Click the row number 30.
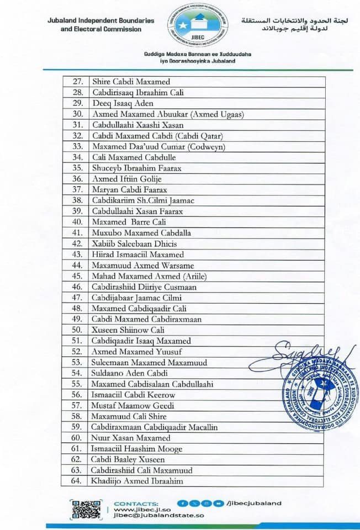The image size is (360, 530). coord(77,114)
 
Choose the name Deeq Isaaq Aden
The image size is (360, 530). coord(122,103)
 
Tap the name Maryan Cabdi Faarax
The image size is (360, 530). coord(129,190)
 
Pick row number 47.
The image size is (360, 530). coord(77,298)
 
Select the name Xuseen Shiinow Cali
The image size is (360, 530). coord(128,330)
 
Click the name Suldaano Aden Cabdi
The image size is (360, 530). coord(130,373)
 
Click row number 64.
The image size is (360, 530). coord(77,481)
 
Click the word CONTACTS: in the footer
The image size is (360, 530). coord(136,503)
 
